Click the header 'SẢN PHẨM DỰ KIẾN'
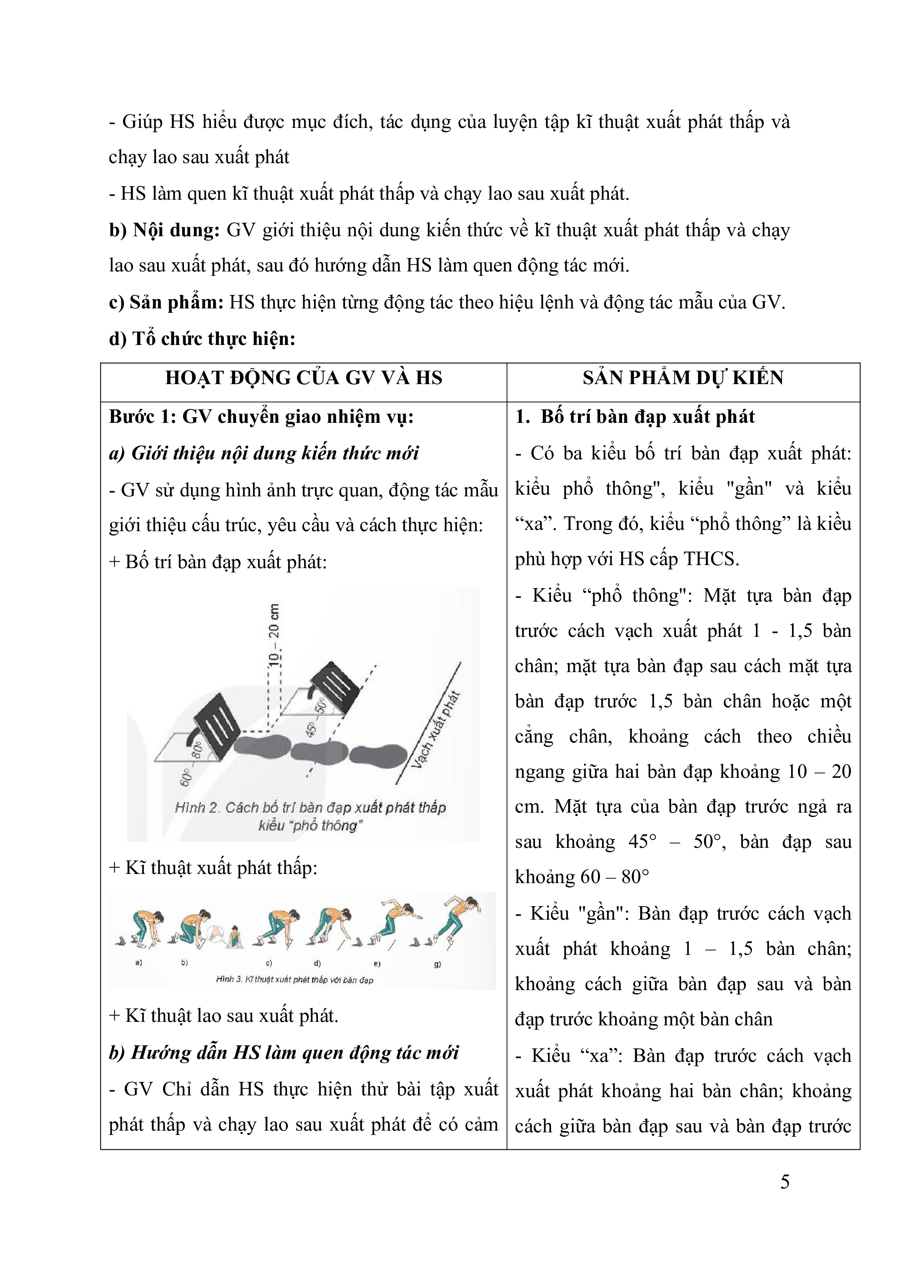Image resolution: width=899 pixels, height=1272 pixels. [x=682, y=378]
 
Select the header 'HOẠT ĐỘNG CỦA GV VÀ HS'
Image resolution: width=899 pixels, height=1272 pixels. [x=304, y=378]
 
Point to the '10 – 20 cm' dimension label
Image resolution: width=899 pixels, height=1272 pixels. [x=274, y=634]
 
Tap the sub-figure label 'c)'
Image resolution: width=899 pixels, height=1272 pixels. [x=269, y=963]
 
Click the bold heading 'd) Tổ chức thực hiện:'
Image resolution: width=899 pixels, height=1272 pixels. [x=202, y=338]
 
